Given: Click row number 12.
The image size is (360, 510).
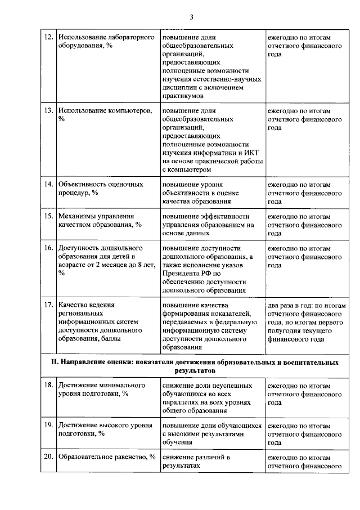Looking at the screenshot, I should (48, 37).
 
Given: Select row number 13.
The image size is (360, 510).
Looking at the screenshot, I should (48, 111).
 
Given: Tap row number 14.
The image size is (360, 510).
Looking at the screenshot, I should (48, 184).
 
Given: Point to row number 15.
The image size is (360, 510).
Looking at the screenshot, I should (48, 216).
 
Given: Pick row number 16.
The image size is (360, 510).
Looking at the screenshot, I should (48, 248).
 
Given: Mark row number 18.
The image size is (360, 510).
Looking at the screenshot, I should (48, 385).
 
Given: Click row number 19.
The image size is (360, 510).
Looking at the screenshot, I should (48, 426).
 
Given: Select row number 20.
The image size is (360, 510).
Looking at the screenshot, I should (48, 457).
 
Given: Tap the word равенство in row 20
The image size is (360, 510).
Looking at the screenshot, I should (125, 457).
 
